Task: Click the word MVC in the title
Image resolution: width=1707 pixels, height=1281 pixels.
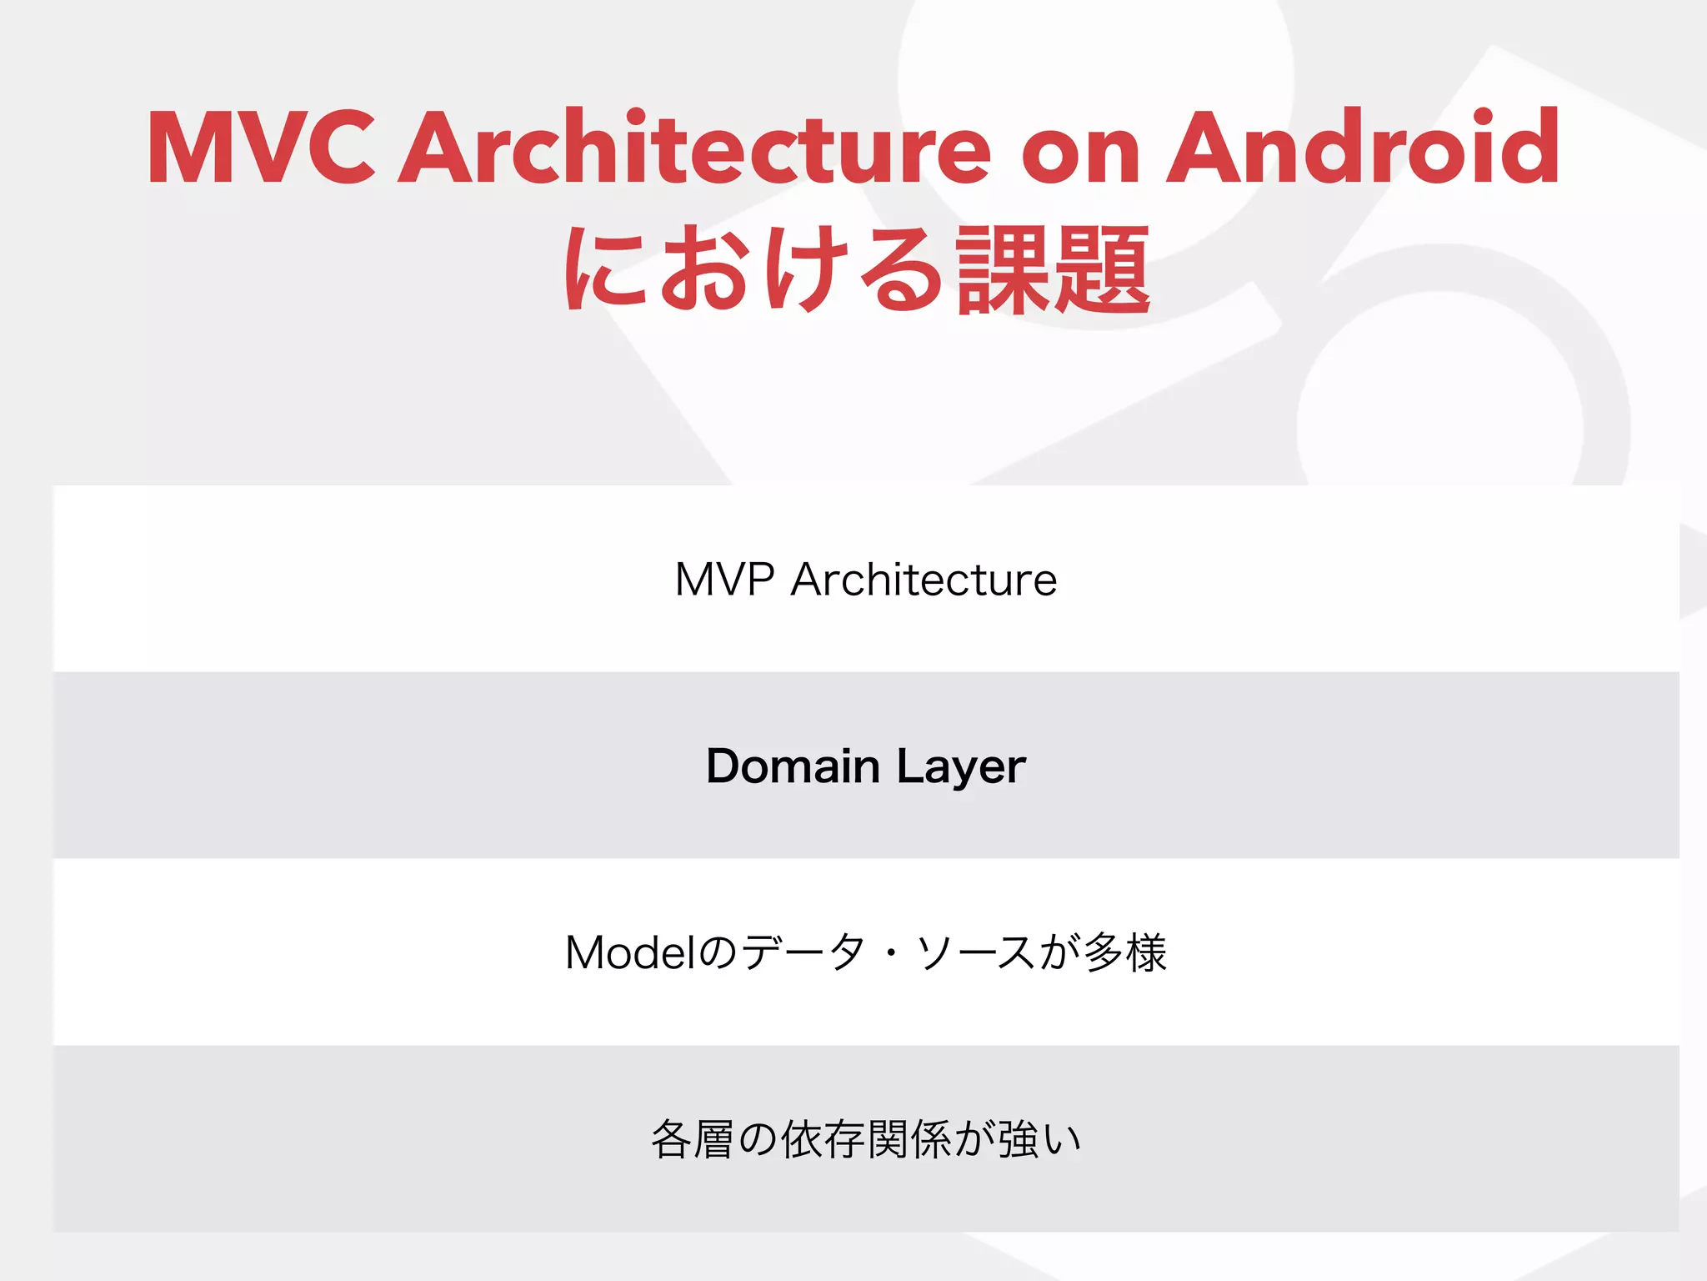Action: click(261, 148)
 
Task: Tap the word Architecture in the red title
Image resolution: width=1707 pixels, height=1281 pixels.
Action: click(695, 148)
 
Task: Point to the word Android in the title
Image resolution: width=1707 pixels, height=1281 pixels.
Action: click(1363, 148)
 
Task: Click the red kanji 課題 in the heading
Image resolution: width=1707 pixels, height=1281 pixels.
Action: click(1054, 271)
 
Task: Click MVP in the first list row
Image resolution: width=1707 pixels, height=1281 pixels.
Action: click(724, 580)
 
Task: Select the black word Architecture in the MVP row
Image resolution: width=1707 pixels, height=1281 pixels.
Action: click(924, 580)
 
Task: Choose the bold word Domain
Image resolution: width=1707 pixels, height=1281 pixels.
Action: click(793, 766)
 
